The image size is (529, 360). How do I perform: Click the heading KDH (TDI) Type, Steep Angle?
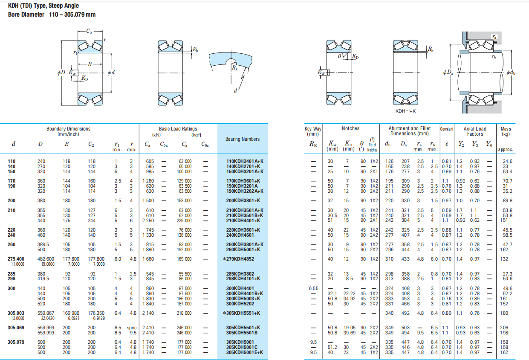pos(43,6)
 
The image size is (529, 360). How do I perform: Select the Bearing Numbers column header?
pos(242,139)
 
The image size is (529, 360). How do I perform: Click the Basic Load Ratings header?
pos(178,129)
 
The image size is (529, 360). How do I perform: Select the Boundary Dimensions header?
pos(68,129)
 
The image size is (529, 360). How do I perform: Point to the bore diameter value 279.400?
pos(16,259)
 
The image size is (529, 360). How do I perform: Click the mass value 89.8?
pos(507,200)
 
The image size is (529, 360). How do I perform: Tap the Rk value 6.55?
pos(313,288)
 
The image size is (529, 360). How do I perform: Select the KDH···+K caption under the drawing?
pos(405,111)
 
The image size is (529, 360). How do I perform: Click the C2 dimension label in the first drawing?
pos(89,31)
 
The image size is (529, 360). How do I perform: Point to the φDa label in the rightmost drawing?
pos(448,73)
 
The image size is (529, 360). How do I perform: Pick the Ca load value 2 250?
pos(148,220)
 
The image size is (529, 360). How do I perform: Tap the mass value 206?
pos(507,328)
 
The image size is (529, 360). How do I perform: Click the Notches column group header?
pos(350,128)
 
